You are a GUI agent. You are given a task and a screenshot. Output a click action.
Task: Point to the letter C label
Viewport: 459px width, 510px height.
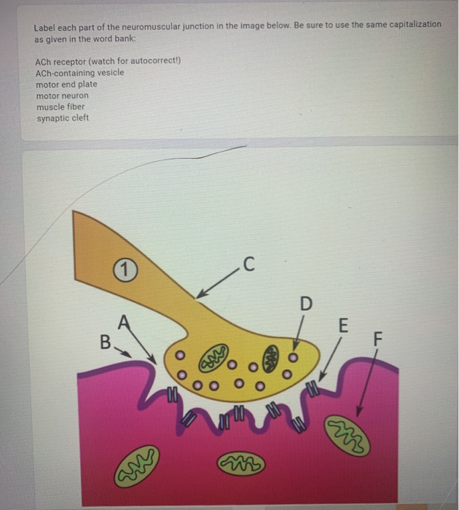click(x=248, y=264)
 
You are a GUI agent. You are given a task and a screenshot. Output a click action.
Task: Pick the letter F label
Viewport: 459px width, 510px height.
click(x=377, y=338)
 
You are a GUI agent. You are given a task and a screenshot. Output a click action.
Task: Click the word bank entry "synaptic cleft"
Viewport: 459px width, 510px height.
click(x=63, y=117)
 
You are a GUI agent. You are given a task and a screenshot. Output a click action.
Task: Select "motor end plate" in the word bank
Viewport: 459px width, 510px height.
click(x=66, y=84)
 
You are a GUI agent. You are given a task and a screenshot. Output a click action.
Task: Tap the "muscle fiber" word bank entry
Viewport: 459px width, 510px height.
click(x=60, y=106)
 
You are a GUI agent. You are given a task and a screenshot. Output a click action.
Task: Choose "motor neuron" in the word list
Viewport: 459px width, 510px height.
click(x=62, y=95)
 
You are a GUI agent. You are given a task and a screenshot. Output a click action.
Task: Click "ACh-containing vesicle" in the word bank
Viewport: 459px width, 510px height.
click(x=79, y=72)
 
